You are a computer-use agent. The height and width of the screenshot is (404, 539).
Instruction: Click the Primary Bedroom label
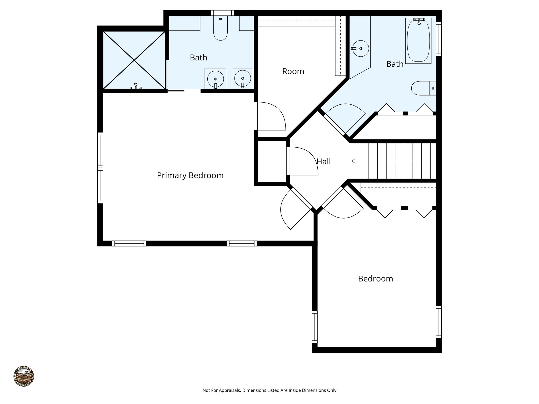coord(190,175)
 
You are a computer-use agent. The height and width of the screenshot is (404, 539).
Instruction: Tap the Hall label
coord(323,161)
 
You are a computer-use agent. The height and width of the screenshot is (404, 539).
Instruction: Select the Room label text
coord(293,71)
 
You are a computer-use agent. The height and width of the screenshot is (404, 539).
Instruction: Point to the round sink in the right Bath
coord(361,48)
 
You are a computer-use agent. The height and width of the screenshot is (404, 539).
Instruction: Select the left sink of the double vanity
coord(216,79)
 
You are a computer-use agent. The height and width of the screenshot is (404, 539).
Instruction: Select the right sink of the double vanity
coord(242,78)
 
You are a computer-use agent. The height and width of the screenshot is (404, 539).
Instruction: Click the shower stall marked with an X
coord(134,60)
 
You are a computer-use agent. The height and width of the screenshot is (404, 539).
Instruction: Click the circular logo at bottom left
coord(24,376)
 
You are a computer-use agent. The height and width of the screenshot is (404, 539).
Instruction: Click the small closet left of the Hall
coord(271,161)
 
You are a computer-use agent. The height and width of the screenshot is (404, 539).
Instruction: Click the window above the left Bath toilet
coord(222,13)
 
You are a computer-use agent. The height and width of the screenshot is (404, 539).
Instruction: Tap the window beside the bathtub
coord(439,39)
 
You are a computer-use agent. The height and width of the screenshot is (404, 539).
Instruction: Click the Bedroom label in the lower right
coord(375,279)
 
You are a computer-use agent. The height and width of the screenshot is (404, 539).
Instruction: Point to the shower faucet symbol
coord(136,86)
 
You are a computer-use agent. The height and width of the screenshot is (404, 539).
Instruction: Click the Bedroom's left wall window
coord(315,327)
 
